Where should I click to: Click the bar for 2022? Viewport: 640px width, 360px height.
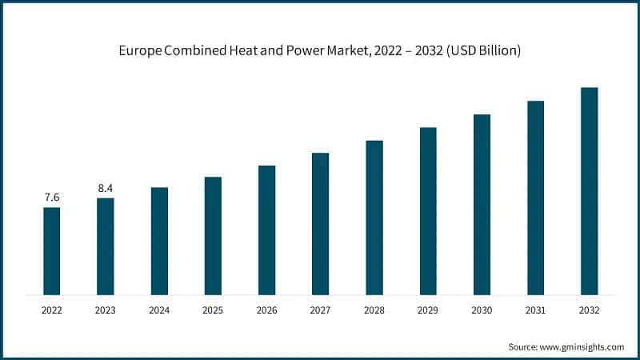tap(51, 250)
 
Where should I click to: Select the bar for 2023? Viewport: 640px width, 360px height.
tap(106, 246)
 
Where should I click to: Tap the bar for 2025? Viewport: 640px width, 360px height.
tap(213, 235)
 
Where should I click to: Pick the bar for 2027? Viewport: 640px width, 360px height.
tap(320, 223)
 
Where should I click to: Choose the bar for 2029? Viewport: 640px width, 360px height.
tap(428, 210)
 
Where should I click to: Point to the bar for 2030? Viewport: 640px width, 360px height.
tap(482, 204)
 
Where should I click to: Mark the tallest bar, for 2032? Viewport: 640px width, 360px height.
tap(589, 190)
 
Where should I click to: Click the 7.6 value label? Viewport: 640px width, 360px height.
tap(51, 197)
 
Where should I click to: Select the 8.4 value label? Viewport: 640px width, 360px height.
tap(106, 187)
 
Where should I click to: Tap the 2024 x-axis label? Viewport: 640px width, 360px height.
tap(159, 310)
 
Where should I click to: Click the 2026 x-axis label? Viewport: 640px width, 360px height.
tap(266, 310)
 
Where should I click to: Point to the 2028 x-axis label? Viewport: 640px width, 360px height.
tap(374, 310)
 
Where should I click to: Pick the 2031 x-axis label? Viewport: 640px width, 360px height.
tap(535, 310)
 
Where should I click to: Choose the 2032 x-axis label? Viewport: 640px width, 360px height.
tap(589, 310)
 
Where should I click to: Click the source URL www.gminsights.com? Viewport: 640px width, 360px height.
tap(582, 346)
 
